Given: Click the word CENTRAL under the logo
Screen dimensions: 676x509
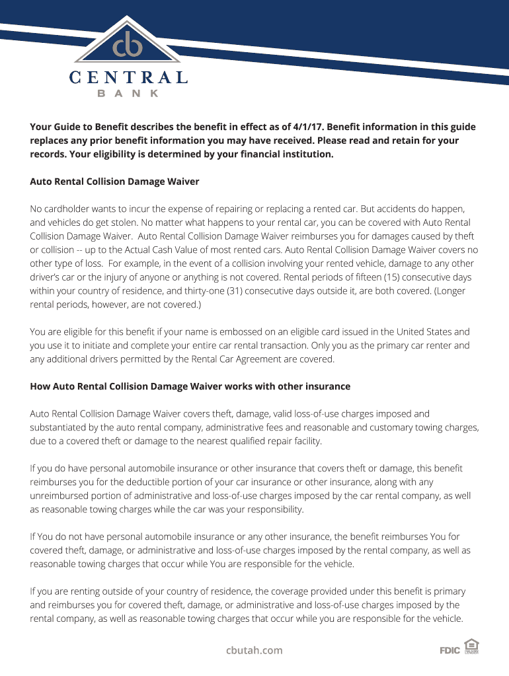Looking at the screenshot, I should [128, 78].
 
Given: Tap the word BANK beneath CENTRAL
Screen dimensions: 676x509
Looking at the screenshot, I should [128, 94].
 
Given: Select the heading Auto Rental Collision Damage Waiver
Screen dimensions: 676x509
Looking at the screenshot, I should [114, 181].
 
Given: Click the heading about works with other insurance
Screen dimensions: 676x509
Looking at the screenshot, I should [190, 386].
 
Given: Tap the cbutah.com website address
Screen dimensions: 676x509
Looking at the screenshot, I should [254, 650].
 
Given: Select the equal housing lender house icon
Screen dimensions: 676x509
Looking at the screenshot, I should [471, 646].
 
